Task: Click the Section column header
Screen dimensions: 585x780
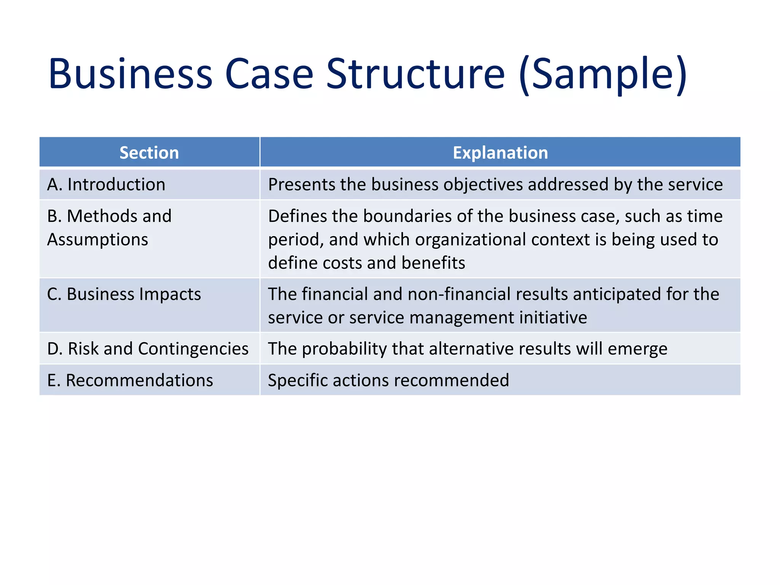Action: click(x=149, y=153)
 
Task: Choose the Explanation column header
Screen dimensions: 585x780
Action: click(x=500, y=153)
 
